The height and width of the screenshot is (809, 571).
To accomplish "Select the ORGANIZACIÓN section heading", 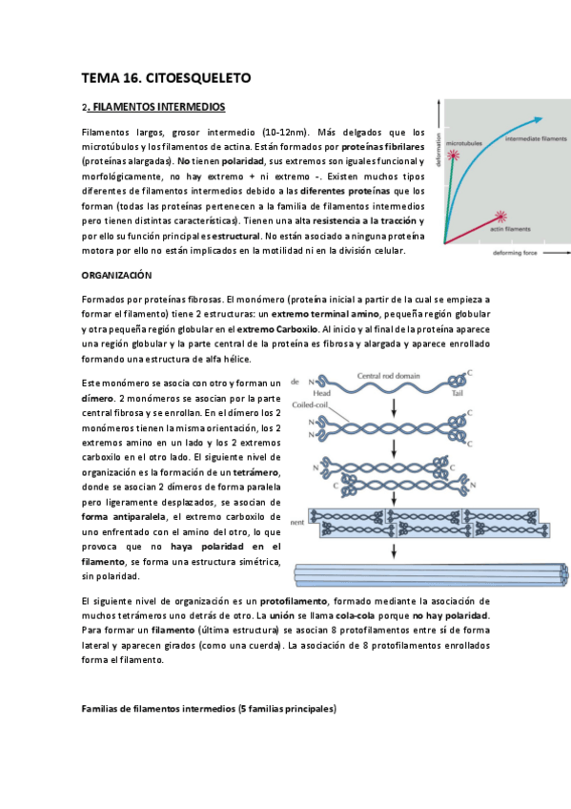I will (117, 275).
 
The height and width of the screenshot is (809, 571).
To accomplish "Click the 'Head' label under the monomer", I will (322, 391).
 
